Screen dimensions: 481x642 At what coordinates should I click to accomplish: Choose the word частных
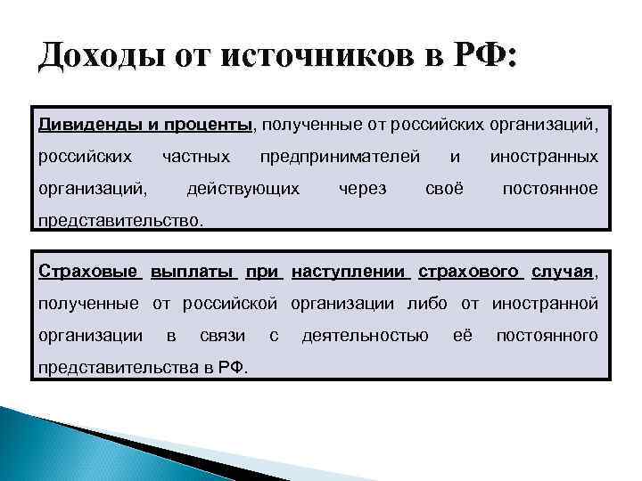(195, 156)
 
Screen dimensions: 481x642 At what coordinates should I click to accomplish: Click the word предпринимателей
(340, 156)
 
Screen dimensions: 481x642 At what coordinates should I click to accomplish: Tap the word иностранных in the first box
(543, 156)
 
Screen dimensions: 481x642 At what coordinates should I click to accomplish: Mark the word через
(363, 188)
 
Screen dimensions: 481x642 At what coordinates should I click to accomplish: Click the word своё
(444, 188)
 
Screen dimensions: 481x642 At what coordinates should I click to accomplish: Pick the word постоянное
(550, 188)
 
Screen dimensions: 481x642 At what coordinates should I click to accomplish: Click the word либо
(428, 304)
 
